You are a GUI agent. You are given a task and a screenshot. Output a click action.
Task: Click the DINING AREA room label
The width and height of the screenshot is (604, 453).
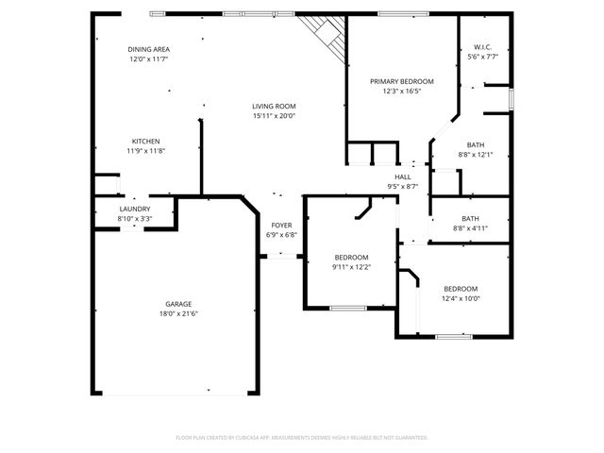click(x=148, y=49)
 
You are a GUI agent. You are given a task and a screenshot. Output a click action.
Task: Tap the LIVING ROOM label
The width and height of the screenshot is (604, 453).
click(x=274, y=106)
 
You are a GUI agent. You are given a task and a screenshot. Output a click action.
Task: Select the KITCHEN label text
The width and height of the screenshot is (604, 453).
click(x=145, y=141)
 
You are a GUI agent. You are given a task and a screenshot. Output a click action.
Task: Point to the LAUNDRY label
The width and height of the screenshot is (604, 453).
click(x=135, y=209)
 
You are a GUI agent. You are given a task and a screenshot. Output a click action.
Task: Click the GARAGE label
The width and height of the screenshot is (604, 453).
click(x=178, y=304)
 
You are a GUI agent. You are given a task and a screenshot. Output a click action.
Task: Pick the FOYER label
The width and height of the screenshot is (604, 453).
click(x=281, y=226)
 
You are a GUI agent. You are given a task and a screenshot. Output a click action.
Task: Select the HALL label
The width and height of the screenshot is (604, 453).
click(x=402, y=176)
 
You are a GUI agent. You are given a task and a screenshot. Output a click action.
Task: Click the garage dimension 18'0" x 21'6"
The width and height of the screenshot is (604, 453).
click(x=178, y=314)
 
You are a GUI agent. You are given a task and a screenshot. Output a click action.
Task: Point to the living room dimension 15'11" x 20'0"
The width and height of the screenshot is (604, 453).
click(x=274, y=116)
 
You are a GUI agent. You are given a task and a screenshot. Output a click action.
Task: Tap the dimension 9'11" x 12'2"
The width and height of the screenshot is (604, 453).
click(x=351, y=267)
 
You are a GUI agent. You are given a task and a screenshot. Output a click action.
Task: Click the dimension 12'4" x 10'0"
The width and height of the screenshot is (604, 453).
click(x=461, y=298)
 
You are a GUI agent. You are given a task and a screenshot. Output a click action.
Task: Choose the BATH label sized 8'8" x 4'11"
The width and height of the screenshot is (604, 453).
click(x=470, y=218)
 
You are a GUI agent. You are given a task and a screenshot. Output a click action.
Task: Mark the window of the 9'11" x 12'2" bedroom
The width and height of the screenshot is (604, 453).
click(x=347, y=308)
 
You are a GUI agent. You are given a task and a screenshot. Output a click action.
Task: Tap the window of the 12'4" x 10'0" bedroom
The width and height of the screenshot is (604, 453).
click(x=454, y=335)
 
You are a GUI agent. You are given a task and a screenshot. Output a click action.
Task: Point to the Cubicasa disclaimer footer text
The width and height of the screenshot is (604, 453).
click(x=302, y=438)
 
